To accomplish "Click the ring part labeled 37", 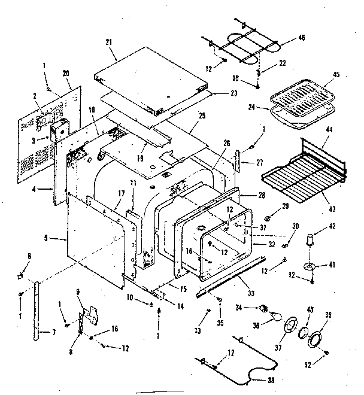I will coord(290,325).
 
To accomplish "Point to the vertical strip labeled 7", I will coord(41,311).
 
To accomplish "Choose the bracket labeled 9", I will coord(91,312).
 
